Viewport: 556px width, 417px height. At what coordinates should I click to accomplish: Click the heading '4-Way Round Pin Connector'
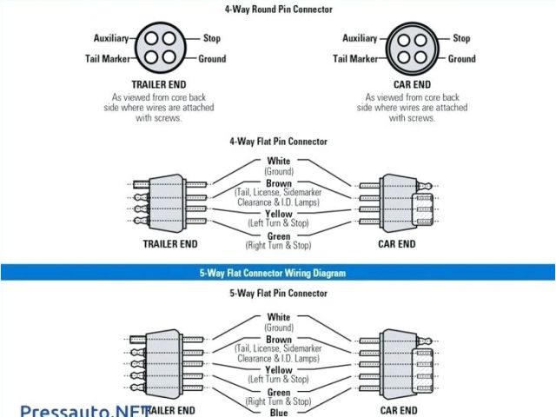(x=278, y=10)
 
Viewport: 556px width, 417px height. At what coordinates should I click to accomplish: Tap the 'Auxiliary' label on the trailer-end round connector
(x=110, y=38)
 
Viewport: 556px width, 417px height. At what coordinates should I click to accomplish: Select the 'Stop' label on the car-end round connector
(x=461, y=38)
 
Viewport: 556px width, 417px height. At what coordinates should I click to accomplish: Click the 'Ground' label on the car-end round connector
(x=461, y=59)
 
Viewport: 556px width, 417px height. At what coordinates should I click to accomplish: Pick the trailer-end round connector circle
(x=159, y=50)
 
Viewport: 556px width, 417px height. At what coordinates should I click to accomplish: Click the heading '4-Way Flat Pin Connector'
(x=279, y=141)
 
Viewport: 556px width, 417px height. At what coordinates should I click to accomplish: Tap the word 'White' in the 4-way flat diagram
(x=279, y=161)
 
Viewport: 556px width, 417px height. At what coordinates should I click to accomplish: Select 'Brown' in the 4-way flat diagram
(x=279, y=183)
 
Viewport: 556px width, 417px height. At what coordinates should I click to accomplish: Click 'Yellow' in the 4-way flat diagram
(x=279, y=214)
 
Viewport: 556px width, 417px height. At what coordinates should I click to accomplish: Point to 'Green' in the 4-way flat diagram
(x=279, y=236)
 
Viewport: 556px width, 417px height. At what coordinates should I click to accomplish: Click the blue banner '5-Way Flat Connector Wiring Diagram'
(x=278, y=273)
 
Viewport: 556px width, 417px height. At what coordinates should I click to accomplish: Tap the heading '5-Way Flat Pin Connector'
(x=279, y=294)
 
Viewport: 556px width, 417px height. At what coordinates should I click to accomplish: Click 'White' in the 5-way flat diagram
(x=279, y=317)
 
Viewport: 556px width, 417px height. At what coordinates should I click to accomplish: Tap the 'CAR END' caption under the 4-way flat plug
(x=397, y=244)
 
